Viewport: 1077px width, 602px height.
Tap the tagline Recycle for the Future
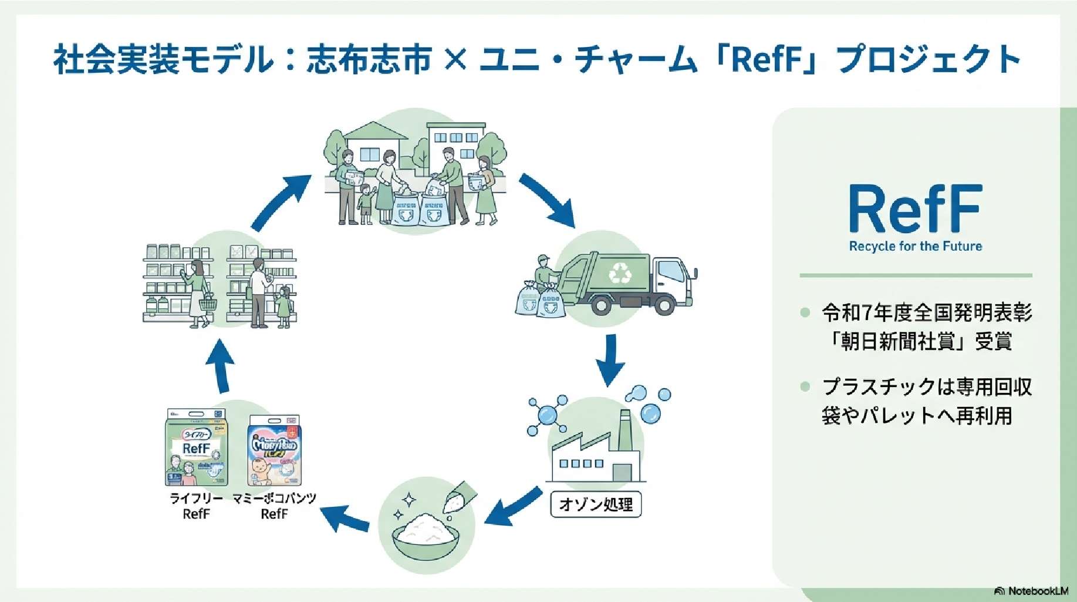point(915,246)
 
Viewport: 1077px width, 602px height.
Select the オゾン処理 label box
point(596,505)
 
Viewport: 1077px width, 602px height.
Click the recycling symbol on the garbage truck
point(620,273)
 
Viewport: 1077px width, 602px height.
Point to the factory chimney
point(625,429)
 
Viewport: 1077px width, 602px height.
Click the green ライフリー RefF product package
point(196,448)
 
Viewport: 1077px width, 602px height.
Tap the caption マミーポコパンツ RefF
point(274,506)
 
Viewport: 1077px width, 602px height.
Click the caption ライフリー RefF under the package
point(196,506)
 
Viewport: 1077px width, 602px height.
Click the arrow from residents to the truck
point(546,200)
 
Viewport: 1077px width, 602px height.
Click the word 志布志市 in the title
point(369,59)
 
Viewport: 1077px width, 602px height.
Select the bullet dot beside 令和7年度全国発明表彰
point(805,312)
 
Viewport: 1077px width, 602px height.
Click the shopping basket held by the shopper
point(208,304)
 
